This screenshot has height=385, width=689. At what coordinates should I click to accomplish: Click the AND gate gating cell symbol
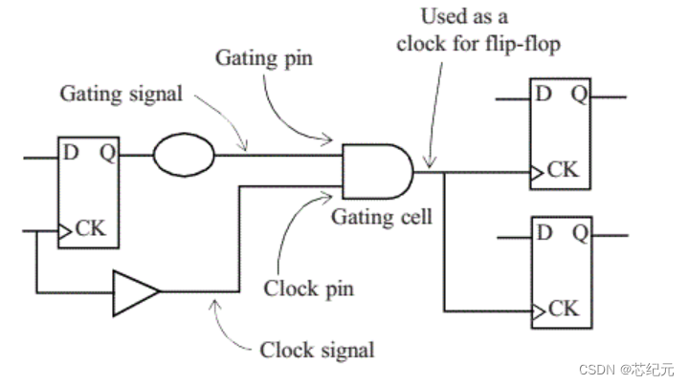377,171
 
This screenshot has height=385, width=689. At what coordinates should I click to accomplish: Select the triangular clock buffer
135,291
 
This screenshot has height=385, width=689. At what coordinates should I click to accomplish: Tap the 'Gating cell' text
382,217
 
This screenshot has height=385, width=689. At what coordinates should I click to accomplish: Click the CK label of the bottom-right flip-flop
564,309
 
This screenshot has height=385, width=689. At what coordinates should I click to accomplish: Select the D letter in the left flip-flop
72,152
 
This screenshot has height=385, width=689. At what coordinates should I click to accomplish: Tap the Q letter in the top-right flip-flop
579,96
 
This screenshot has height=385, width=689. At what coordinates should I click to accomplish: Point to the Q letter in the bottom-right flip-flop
579,231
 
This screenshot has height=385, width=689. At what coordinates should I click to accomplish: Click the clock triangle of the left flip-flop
64,230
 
